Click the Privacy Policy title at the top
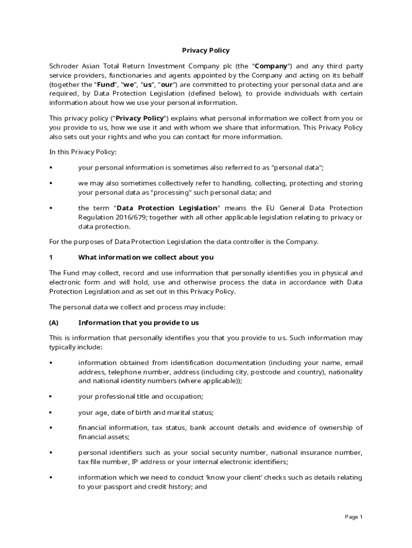coord(205,50)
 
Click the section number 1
coord(51,257)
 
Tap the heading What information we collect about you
coord(146,257)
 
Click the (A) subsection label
coord(54,323)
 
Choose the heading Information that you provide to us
coord(139,323)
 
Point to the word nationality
coord(345,372)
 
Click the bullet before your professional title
coord(51,397)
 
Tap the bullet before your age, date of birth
coord(51,413)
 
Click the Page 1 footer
coord(354,517)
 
